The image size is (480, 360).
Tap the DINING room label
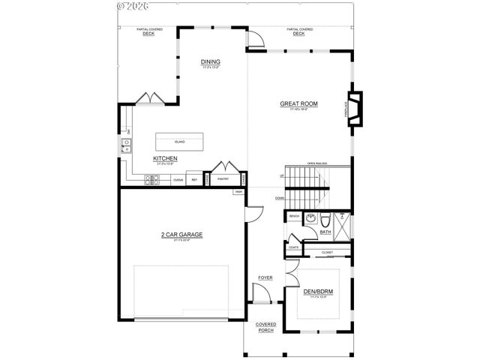tap(209, 62)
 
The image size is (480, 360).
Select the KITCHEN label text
tap(165, 159)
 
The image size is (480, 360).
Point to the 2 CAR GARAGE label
tap(182, 235)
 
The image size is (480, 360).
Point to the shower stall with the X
tap(341, 225)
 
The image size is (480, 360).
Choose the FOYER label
tap(265, 277)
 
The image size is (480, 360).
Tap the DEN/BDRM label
tap(318, 292)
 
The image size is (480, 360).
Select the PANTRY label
tap(223, 180)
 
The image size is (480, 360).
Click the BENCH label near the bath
tap(294, 216)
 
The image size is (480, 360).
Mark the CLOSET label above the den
tap(327, 253)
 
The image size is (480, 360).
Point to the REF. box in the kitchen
tap(195, 180)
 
